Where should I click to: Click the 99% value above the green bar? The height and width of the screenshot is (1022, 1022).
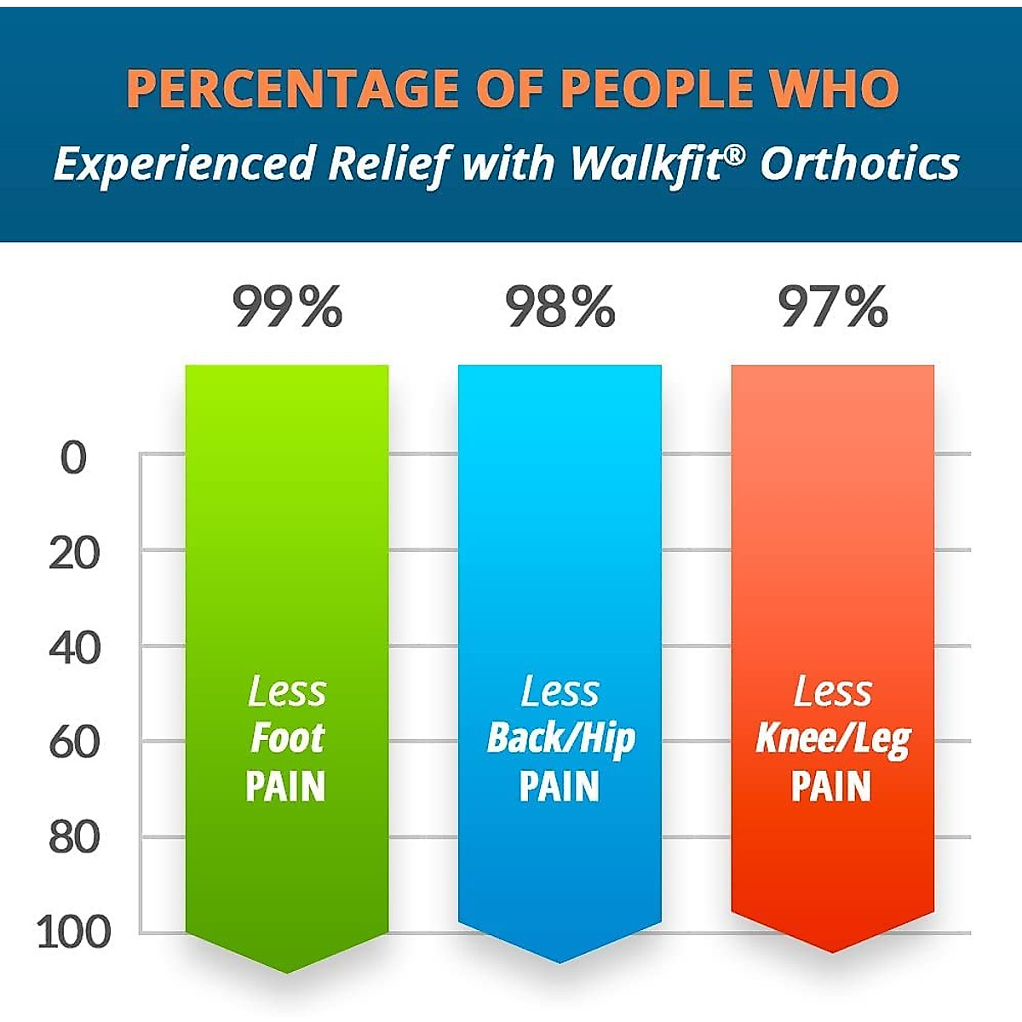[x=288, y=307]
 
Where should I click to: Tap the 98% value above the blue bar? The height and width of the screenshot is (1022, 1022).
[x=560, y=307]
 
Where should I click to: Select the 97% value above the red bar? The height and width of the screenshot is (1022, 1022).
[x=833, y=307]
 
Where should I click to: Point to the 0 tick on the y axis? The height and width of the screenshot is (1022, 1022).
[x=74, y=459]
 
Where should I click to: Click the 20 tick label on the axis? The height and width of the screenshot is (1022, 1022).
[x=74, y=554]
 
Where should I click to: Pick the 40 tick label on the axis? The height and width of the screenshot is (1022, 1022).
[x=74, y=650]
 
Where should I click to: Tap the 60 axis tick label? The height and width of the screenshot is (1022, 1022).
[x=74, y=744]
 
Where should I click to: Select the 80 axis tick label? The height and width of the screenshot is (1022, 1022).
[x=74, y=840]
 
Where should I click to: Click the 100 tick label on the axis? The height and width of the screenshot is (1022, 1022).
[x=74, y=933]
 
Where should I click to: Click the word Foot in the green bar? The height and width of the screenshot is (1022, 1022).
[x=287, y=738]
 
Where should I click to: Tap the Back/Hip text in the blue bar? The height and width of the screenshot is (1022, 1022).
[x=560, y=739]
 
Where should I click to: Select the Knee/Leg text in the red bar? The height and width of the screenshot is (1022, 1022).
[x=833, y=739]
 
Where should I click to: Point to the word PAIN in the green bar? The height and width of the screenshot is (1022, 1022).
[x=286, y=787]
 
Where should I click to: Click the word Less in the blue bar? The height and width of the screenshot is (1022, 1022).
[x=560, y=692]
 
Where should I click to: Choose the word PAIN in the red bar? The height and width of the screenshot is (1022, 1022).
[x=832, y=787]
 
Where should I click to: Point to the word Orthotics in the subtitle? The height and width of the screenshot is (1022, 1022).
[x=860, y=163]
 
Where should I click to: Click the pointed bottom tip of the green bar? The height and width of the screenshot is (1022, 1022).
[x=287, y=971]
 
